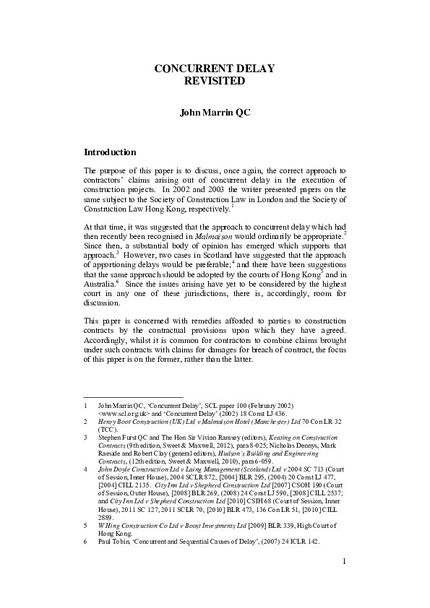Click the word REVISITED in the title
215,82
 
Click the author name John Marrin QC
215,113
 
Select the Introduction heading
111,152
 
